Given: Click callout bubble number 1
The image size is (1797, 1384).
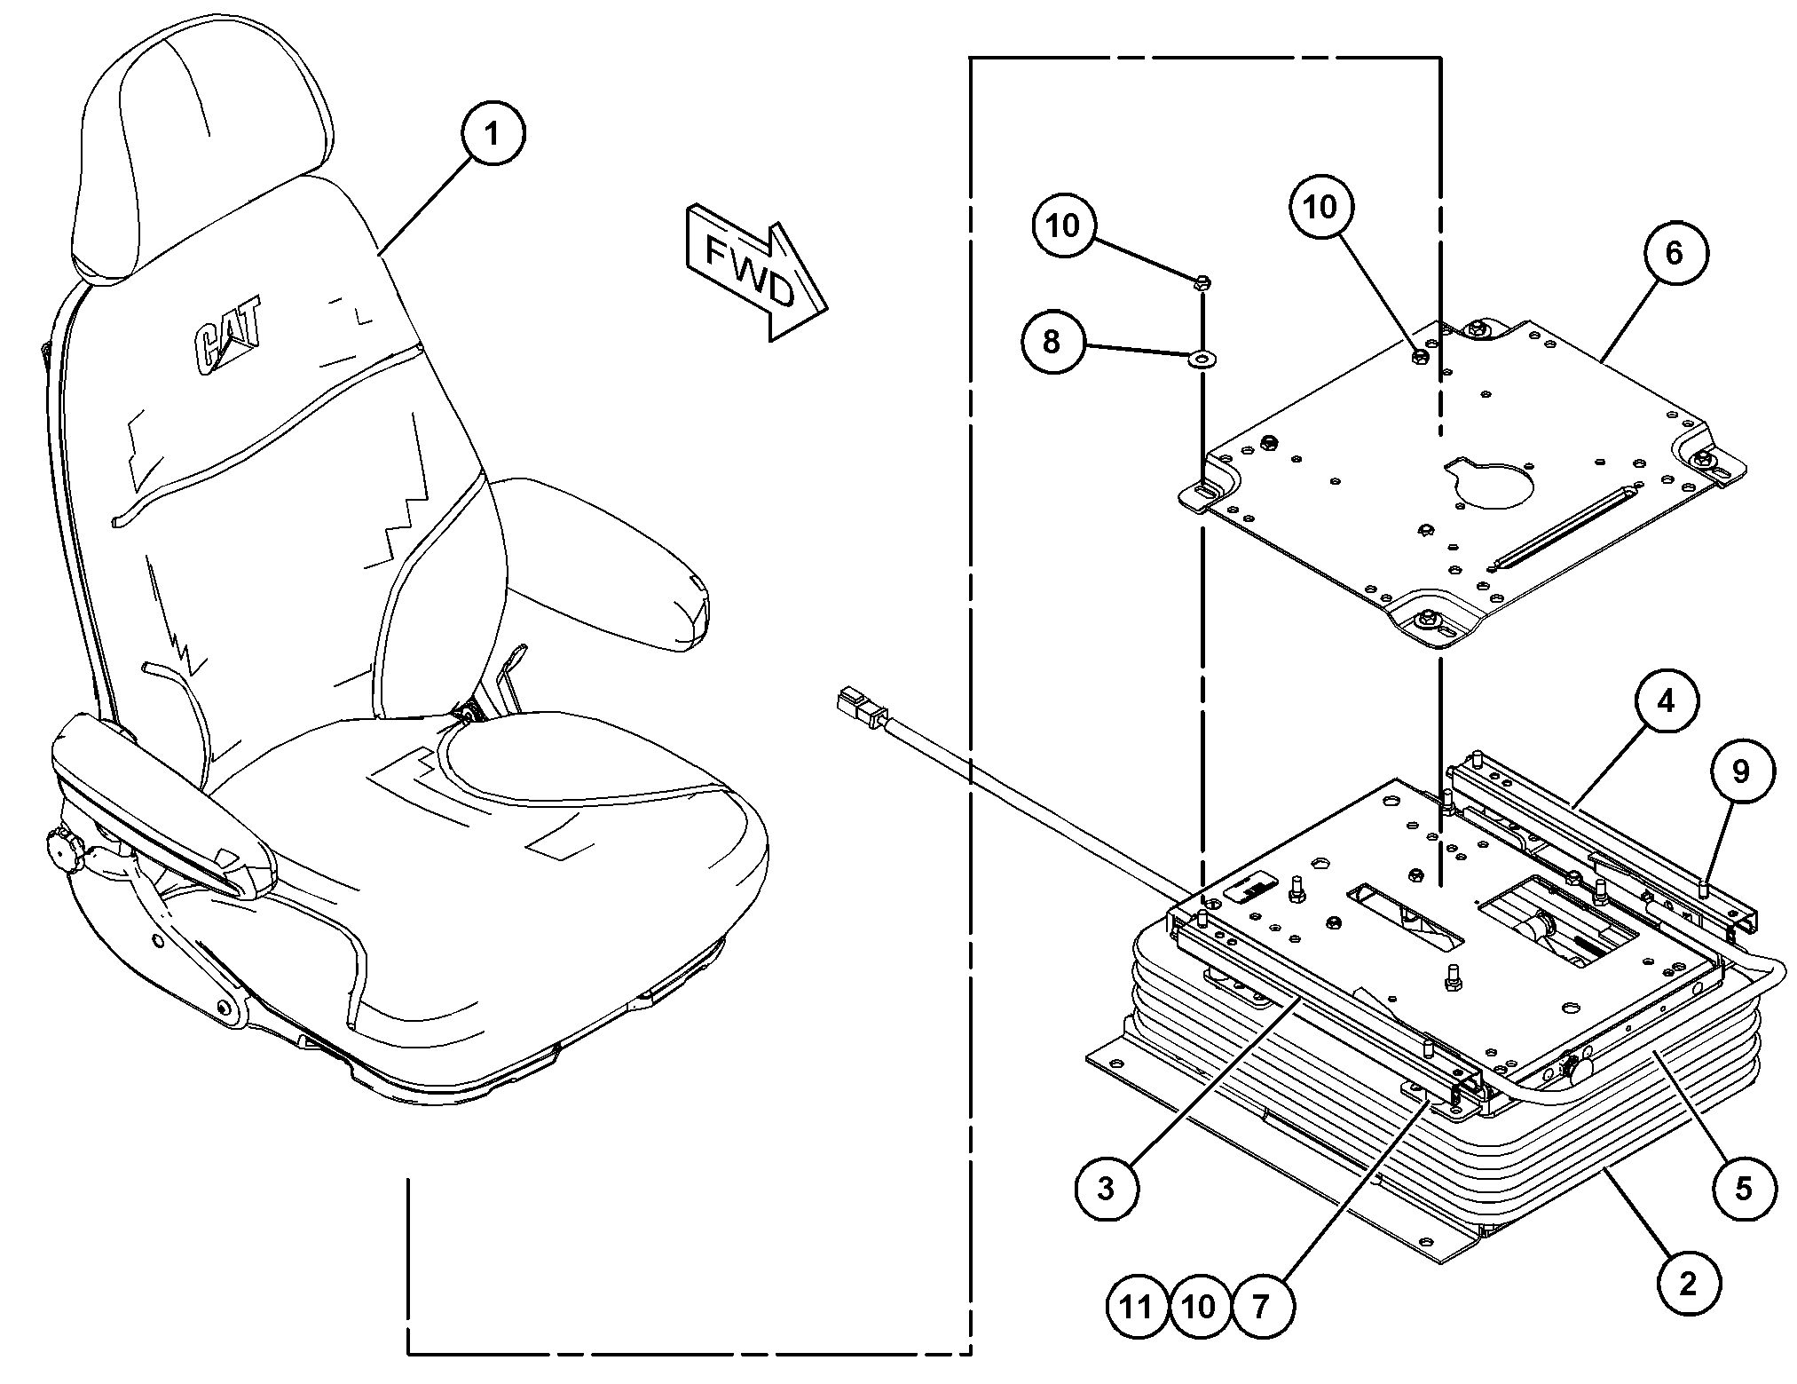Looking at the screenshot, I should click(x=493, y=134).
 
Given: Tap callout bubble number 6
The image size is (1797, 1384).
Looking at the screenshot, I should click(x=1674, y=253).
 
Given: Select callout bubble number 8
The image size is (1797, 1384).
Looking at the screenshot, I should click(x=1052, y=341).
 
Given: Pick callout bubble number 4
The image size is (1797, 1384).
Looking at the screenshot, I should click(x=1666, y=701).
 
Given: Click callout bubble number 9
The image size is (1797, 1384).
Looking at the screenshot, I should click(x=1740, y=771).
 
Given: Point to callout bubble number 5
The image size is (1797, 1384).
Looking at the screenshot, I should click(x=1744, y=1188).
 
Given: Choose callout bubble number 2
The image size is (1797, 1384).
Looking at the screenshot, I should click(x=1688, y=1282).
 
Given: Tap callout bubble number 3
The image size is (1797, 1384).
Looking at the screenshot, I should click(x=1106, y=1188).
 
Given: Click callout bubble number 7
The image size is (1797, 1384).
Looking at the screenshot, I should click(x=1261, y=1306).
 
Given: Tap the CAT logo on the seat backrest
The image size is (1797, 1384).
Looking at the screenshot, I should click(x=228, y=336).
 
